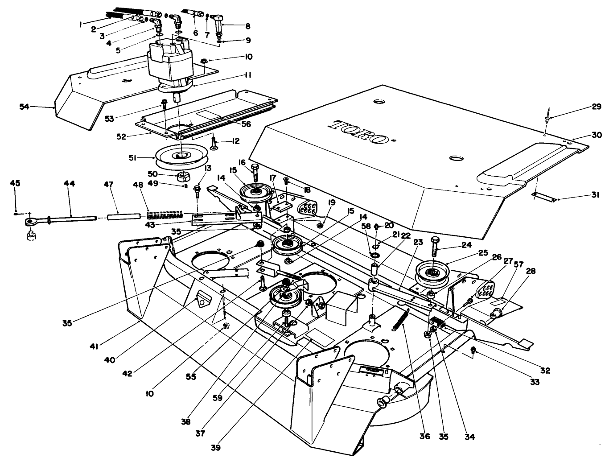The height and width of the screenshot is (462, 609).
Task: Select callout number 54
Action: coord(25,106)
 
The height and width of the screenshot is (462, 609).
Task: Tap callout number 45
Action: coord(15,184)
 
